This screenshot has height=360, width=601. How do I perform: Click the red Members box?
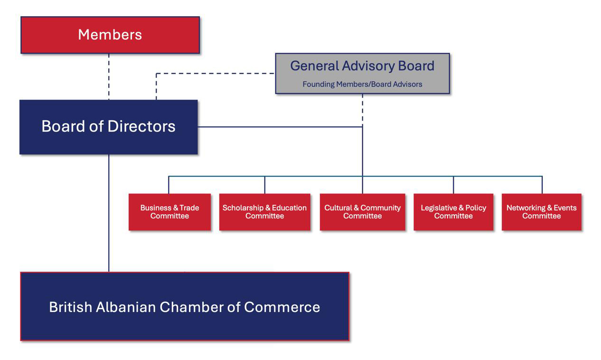[110, 35]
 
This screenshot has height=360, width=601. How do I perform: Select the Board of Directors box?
[108, 127]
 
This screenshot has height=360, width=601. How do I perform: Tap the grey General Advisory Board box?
[362, 73]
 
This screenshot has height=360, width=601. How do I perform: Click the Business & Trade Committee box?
[169, 212]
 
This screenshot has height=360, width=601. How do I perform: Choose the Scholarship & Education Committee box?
[264, 212]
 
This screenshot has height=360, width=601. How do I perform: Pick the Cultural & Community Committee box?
[362, 212]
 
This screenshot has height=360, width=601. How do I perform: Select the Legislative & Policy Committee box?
[453, 212]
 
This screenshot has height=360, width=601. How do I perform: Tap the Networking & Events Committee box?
[541, 212]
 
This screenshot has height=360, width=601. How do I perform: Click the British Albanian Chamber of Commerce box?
[184, 307]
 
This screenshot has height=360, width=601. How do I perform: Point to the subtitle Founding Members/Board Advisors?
[362, 85]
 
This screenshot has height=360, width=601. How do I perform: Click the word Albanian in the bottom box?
[126, 307]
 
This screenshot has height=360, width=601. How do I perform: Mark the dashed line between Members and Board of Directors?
[109, 76]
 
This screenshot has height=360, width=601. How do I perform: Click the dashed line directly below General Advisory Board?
[363, 108]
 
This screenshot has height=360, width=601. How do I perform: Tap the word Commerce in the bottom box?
[282, 307]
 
